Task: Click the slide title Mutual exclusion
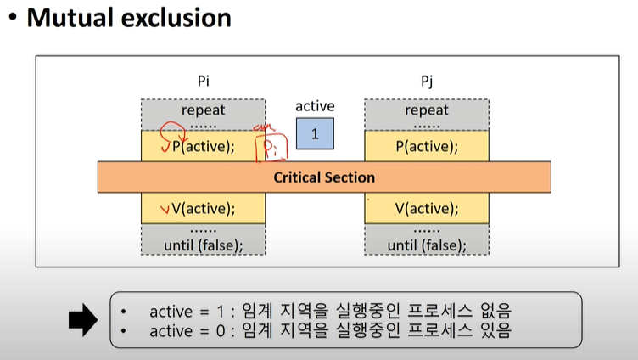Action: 129,18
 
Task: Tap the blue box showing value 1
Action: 315,134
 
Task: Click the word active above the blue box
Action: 315,106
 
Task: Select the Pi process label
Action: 203,82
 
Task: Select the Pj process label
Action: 427,82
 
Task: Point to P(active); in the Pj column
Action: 427,146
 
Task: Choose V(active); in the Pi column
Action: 209,209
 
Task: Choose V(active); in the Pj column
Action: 427,209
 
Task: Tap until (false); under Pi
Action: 203,245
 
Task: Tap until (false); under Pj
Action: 427,245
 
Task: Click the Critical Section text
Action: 324,177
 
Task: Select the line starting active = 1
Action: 330,309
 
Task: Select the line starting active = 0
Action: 330,330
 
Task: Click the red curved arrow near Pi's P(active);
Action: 172,136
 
